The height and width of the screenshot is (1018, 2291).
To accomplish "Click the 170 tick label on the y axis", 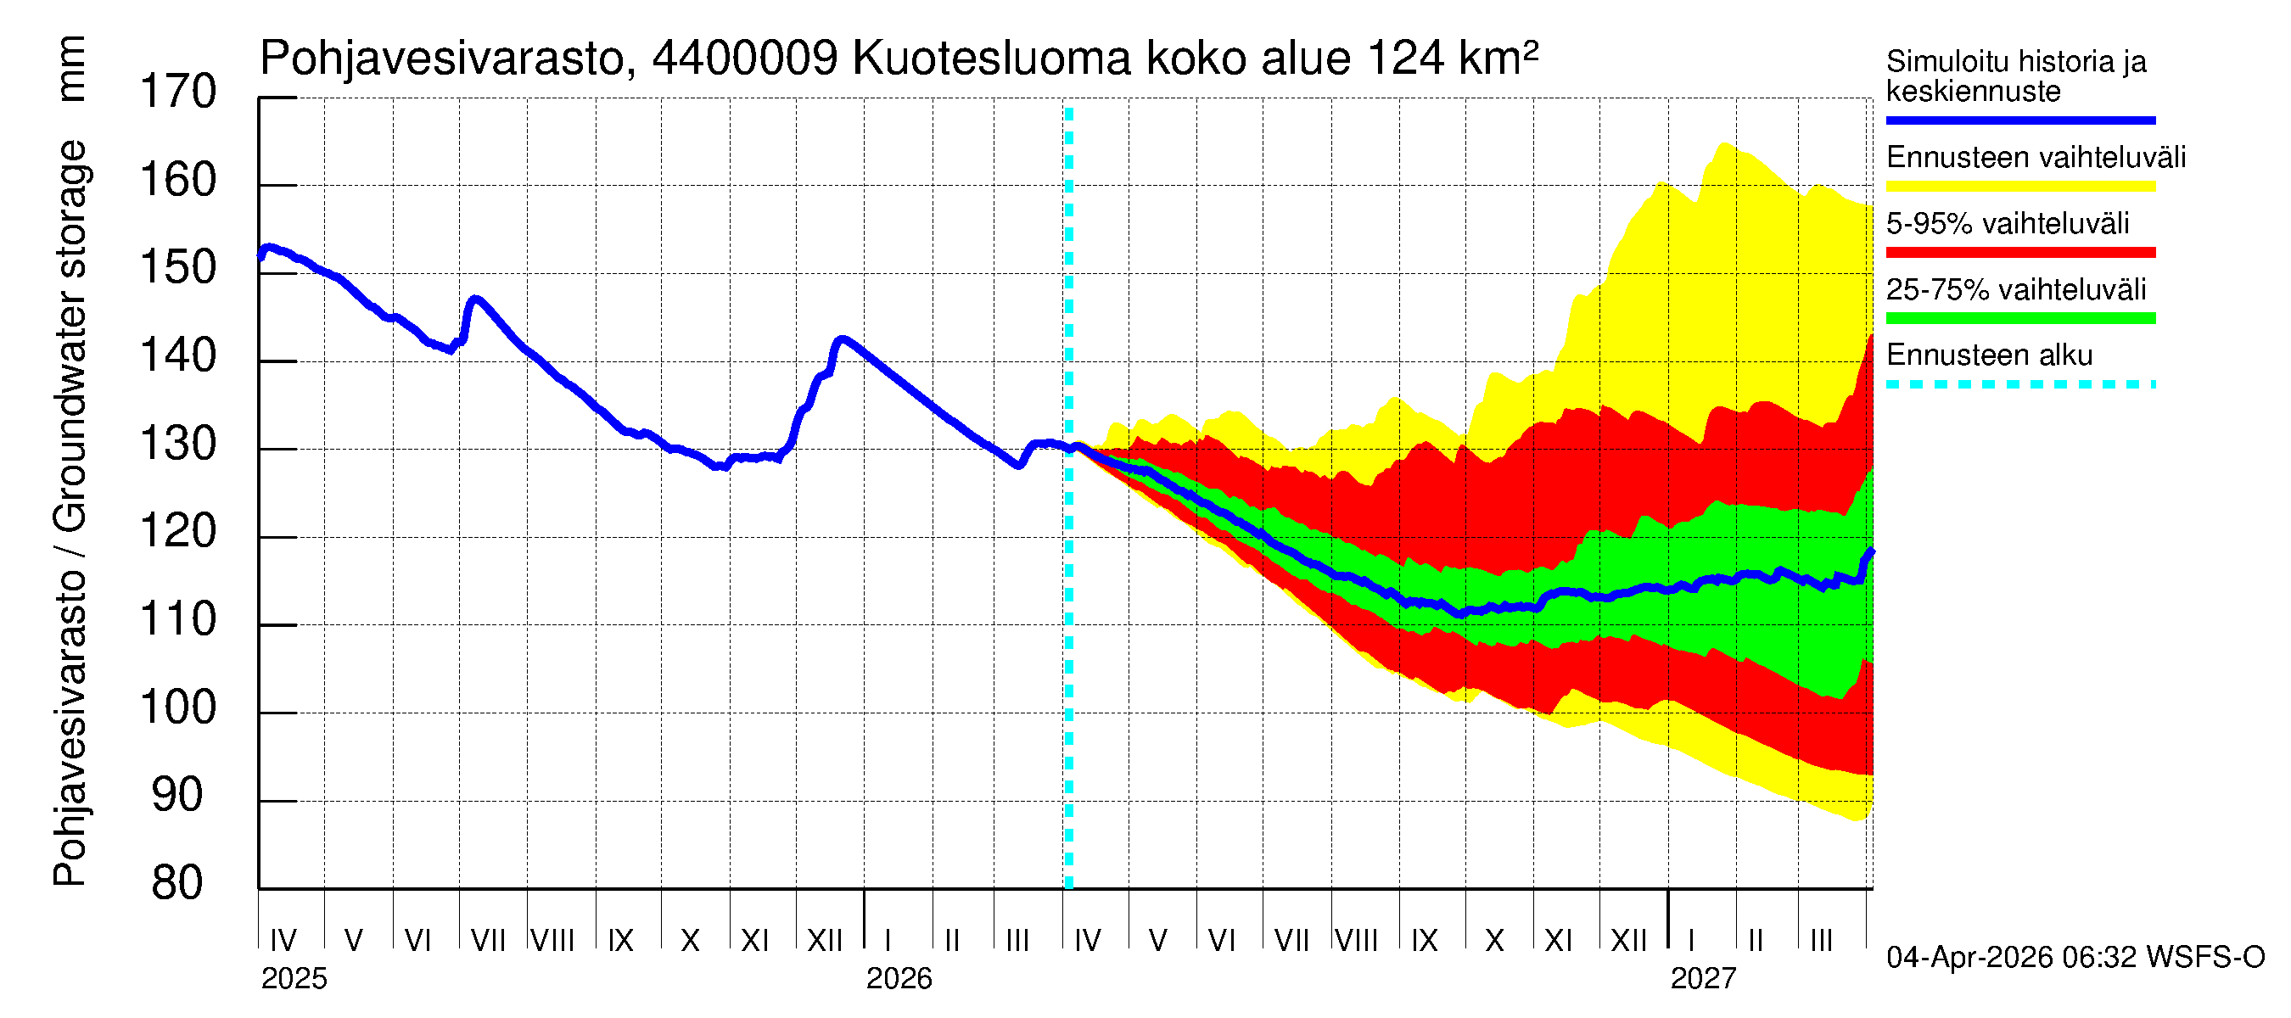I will click(178, 92).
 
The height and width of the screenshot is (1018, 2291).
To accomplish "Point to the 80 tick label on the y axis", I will click(178, 884).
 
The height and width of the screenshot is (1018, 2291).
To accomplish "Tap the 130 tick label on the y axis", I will click(178, 445).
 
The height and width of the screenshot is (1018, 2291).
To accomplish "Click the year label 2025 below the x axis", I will click(294, 979).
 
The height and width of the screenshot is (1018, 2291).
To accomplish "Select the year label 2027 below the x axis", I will click(1702, 979).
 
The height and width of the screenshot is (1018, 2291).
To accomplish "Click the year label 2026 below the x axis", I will click(899, 979).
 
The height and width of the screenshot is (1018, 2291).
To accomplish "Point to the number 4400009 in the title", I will click(744, 59).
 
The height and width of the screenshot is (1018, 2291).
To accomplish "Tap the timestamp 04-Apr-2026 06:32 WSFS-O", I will click(2075, 958).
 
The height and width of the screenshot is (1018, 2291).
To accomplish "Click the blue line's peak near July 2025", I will click(476, 299).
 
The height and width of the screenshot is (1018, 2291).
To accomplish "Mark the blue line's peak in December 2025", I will click(842, 338).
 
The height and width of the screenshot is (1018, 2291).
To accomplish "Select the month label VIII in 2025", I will click(552, 941).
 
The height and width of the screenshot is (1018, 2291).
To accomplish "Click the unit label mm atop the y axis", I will click(71, 69).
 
